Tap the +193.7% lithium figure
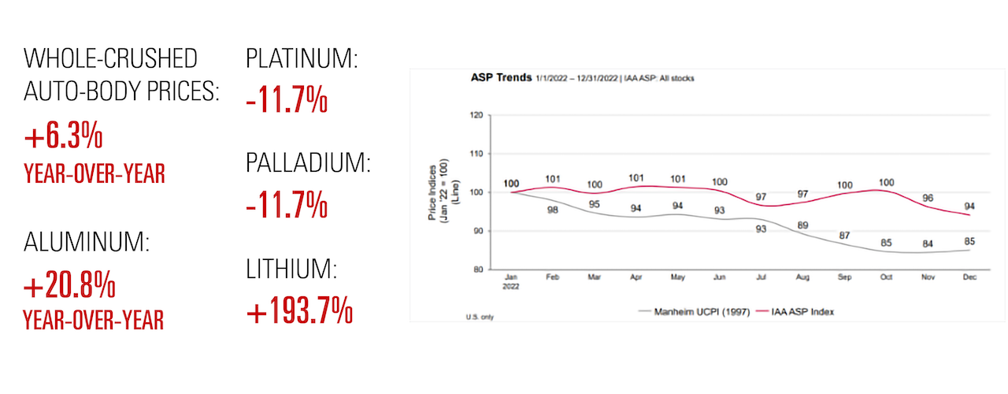pos(299,312)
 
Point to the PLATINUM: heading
pos(302,59)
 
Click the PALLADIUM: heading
pos(308,164)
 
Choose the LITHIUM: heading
pos(291,270)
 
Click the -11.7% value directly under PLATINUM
pos(287,100)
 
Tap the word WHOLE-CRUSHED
pos(110,58)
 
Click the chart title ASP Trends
pos(493,79)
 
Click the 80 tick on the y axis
pos(477,269)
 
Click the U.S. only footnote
pos(479,315)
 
